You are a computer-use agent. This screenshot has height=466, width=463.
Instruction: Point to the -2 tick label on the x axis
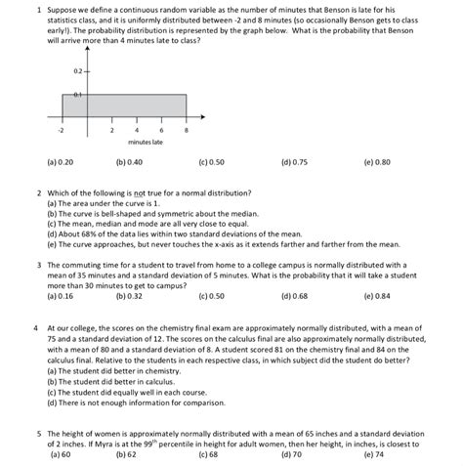point(60,129)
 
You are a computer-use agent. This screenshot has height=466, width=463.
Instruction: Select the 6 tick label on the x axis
point(161,129)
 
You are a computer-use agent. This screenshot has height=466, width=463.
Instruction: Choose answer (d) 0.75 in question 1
point(294,162)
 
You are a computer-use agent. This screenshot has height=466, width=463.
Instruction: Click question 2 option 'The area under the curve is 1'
point(104,203)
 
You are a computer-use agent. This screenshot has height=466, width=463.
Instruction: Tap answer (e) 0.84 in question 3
point(375,295)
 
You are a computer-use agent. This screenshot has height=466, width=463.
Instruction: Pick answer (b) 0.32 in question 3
point(130,295)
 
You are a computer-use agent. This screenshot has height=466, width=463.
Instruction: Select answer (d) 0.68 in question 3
point(294,295)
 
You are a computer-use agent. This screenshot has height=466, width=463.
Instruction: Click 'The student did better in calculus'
point(110,380)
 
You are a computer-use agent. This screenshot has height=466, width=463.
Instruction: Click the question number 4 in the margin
point(35,328)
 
